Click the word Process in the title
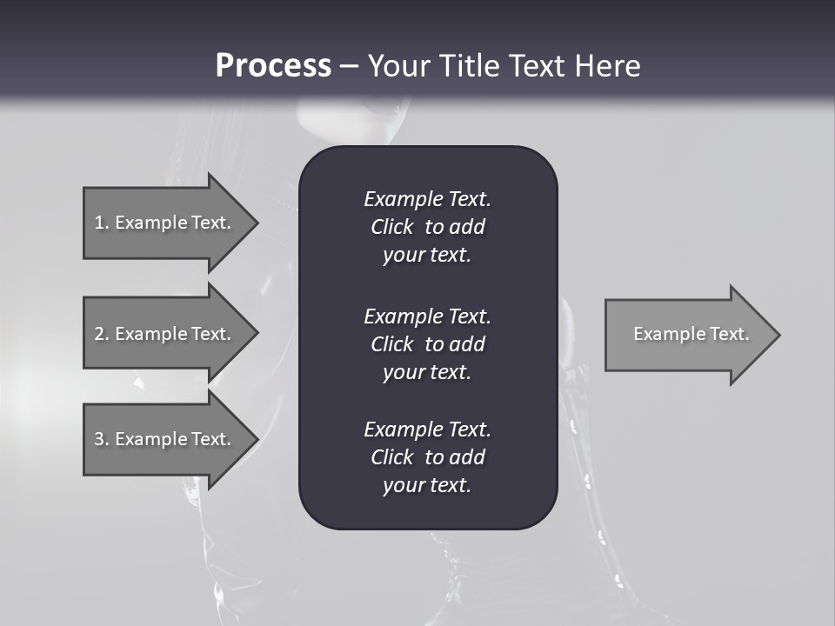[x=273, y=66]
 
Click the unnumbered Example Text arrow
[x=691, y=334]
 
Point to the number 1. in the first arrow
[x=102, y=223]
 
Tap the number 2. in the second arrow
[x=102, y=334]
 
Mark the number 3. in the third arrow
[x=102, y=439]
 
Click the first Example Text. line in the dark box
[x=427, y=199]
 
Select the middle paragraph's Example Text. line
[x=427, y=316]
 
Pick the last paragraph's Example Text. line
[x=427, y=430]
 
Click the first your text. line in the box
[x=427, y=256]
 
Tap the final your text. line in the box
[x=427, y=486]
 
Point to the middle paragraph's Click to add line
[x=427, y=344]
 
